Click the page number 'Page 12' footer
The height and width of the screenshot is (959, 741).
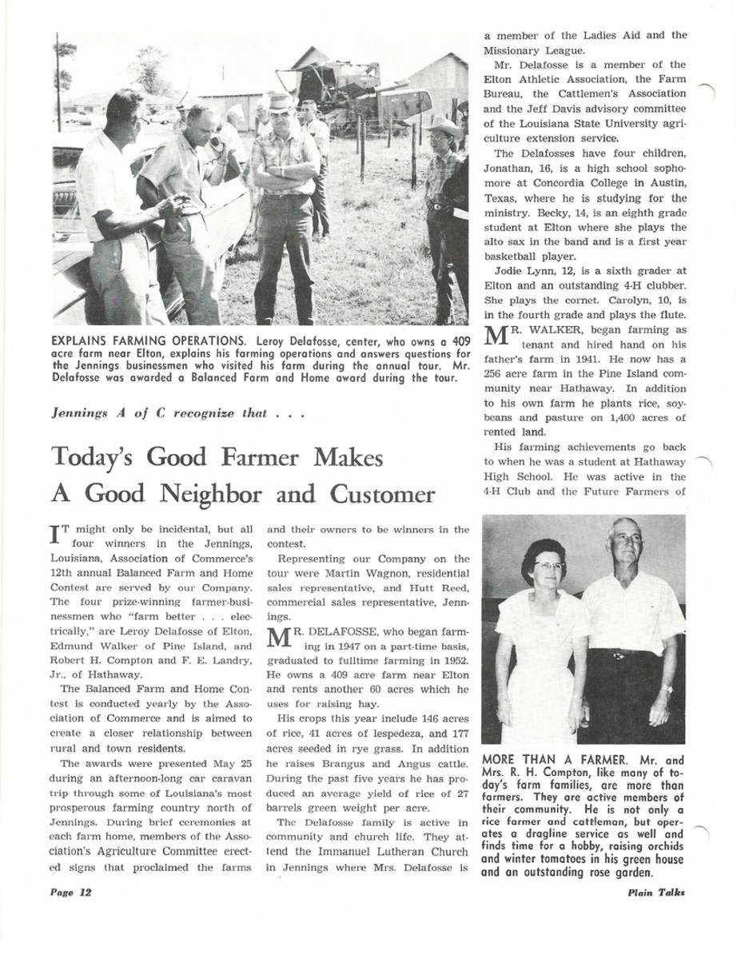(x=70, y=893)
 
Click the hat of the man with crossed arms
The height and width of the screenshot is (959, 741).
(x=281, y=102)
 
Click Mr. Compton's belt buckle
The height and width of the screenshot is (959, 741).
(x=618, y=656)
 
